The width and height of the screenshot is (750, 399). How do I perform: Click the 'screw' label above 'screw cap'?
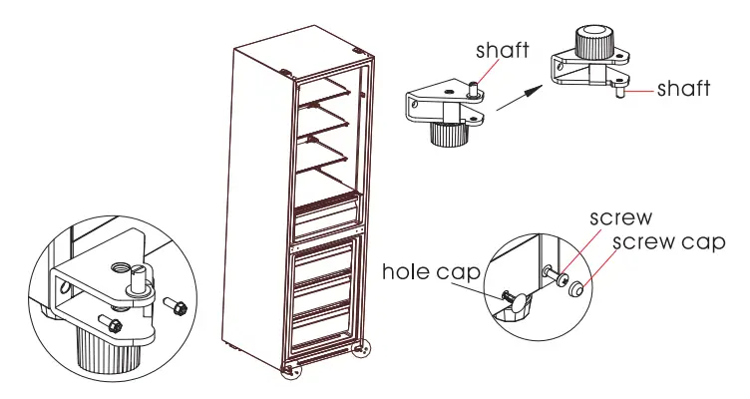click(620, 217)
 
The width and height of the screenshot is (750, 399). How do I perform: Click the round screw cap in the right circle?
click(578, 290)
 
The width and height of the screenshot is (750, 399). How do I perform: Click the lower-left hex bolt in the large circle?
click(113, 322)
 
